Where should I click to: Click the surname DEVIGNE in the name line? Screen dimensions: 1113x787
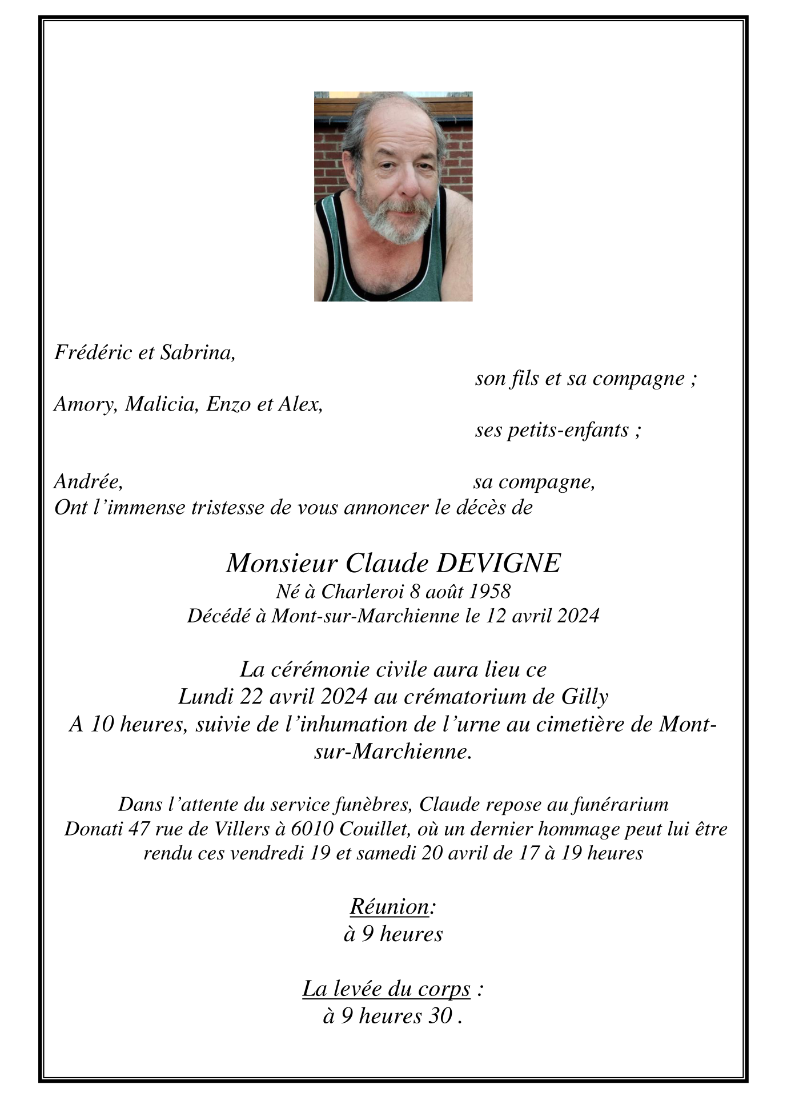[x=499, y=564]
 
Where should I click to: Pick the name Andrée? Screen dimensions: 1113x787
[x=88, y=482]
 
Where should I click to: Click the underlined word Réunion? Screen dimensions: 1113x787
[x=389, y=906]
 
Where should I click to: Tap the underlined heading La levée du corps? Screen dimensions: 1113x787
[x=386, y=989]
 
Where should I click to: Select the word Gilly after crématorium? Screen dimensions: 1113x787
[x=585, y=697]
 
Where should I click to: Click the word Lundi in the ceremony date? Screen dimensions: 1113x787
[x=206, y=697]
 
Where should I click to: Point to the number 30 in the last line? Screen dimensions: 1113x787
[x=440, y=1016]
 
